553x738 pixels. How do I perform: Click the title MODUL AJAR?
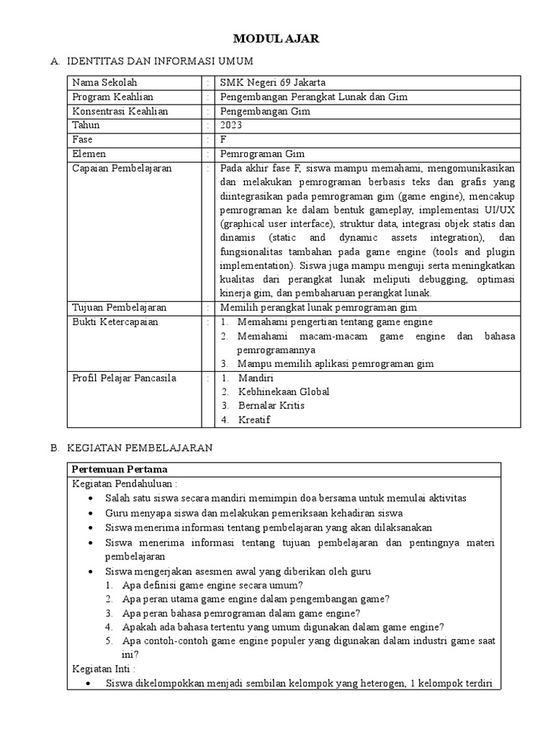coord(276,40)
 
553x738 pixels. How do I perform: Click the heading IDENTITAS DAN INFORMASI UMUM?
coord(159,63)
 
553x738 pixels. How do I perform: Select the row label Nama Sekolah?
coord(104,83)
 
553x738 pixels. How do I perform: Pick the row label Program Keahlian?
coord(112,97)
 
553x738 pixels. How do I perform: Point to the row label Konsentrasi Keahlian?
coord(120,111)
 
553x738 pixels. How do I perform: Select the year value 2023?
coord(231,125)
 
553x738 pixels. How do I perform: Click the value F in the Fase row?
coord(223,140)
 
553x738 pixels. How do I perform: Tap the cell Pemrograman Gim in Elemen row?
coord(262,154)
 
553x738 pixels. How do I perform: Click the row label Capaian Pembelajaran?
coord(122,168)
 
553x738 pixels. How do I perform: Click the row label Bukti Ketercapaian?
coord(114,322)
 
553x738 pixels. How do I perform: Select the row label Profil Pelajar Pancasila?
coord(124,378)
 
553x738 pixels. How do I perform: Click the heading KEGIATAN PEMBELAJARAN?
coord(140,448)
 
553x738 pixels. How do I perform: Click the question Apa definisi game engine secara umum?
coord(212,585)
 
